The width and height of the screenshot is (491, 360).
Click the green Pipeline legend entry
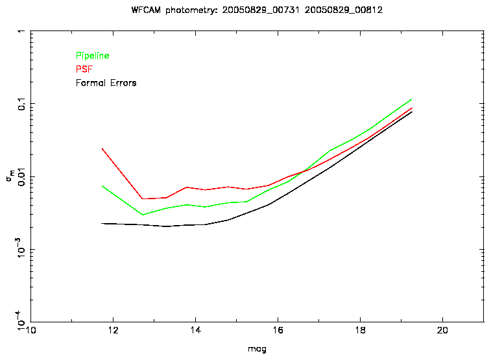(92, 56)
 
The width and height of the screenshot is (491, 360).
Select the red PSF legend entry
(84, 69)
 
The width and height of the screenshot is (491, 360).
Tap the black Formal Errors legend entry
(106, 83)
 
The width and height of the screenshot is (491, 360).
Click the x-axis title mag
(257, 349)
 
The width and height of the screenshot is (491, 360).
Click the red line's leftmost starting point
(102, 149)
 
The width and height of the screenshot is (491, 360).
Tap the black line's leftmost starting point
(102, 223)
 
